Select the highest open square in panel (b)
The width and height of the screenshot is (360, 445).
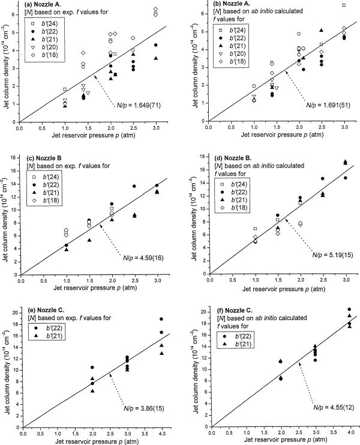344,5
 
